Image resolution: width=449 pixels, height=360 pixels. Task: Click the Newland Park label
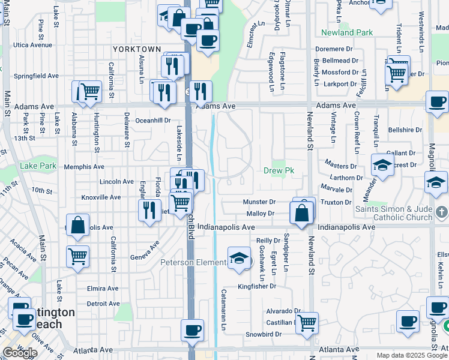346,32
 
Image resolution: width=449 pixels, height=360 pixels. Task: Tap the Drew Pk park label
277,171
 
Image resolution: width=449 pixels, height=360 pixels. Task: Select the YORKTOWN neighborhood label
137,49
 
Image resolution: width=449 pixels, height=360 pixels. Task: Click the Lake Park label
37,166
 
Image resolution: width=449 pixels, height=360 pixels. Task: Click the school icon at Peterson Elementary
239,258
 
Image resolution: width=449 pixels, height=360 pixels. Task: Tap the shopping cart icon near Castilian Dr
307,322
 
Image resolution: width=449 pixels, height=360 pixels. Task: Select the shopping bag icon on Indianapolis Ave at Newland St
301,212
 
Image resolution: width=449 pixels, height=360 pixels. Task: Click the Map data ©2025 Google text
412,355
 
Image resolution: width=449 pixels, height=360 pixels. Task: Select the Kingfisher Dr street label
256,287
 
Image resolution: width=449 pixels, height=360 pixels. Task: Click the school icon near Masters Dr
382,164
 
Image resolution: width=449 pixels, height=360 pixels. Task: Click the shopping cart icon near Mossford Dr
397,73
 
